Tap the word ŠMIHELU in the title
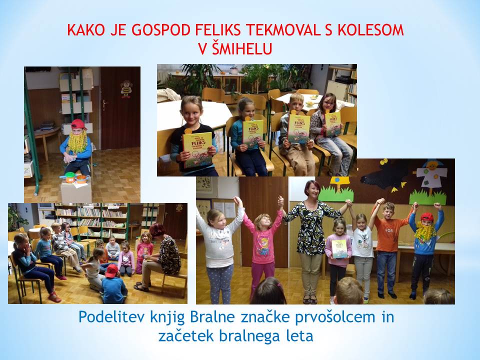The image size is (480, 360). click(x=242, y=48)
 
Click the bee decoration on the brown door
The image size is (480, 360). click(x=126, y=89)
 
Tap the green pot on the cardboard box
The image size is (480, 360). click(x=70, y=177)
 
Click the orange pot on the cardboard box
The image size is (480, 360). click(x=81, y=179)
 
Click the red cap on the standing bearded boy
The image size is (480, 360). click(x=426, y=217)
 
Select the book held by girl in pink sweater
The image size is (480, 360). click(x=339, y=249)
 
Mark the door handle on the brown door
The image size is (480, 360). click(x=105, y=104)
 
